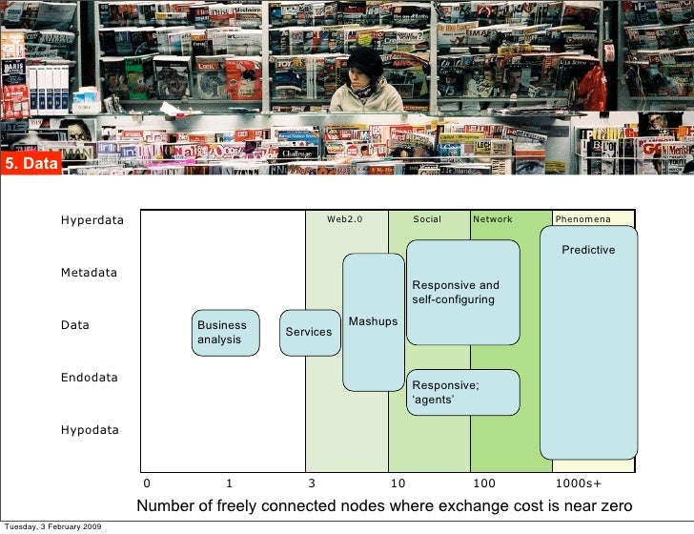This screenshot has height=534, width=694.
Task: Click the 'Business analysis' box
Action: [x=226, y=333]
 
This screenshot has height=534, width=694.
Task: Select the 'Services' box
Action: [x=310, y=332]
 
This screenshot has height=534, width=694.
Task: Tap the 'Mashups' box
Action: [x=373, y=321]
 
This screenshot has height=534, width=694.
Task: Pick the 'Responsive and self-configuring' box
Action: [x=462, y=292]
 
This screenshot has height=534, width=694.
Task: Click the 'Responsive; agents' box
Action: [x=462, y=392]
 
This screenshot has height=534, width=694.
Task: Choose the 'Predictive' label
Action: [x=587, y=250]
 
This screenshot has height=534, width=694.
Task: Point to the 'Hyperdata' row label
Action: [x=92, y=220]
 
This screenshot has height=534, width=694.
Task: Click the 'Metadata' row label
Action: [x=89, y=273]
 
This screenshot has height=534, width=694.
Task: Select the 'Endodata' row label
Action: [x=90, y=378]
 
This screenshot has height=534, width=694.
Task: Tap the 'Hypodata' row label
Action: [x=90, y=430]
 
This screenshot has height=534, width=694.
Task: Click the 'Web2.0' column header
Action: [x=345, y=219]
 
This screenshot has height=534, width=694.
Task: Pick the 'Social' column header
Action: [x=427, y=219]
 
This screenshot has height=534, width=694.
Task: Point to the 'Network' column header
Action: [x=493, y=219]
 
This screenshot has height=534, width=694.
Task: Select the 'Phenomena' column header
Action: [x=582, y=219]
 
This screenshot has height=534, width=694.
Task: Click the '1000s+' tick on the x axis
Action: [x=578, y=483]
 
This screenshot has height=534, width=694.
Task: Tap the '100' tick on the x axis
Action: [x=484, y=483]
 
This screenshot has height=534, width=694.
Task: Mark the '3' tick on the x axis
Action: [x=312, y=483]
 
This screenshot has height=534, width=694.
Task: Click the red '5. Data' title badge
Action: [x=31, y=165]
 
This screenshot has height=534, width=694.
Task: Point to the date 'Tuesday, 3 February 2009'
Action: [x=53, y=526]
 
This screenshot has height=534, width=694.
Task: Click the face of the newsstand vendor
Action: [x=363, y=69]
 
